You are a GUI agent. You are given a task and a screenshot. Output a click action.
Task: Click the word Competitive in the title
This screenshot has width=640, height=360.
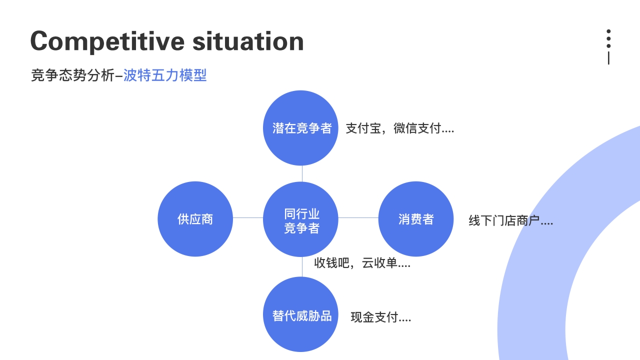pyautogui.click(x=107, y=41)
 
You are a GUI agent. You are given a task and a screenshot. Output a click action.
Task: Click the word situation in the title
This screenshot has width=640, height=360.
pyautogui.click(x=248, y=41)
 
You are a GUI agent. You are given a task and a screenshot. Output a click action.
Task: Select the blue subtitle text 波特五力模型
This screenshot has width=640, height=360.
pyautogui.click(x=165, y=75)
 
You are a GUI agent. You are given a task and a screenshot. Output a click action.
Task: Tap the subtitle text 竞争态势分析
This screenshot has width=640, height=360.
pyautogui.click(x=72, y=75)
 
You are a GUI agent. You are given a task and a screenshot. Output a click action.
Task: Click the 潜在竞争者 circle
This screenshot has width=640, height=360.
pyautogui.click(x=300, y=128)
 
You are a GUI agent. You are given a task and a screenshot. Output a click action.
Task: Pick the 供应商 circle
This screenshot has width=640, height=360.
pyautogui.click(x=195, y=219)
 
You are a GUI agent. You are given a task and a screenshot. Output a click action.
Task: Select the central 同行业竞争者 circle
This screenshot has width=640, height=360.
pyautogui.click(x=300, y=219)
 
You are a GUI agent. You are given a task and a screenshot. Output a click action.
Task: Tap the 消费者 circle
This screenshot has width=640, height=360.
pyautogui.click(x=416, y=219)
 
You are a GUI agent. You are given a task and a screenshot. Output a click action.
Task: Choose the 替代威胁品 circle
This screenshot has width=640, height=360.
pyautogui.click(x=300, y=314)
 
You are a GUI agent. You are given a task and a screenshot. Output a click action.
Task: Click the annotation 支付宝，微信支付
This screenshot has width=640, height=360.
pyautogui.click(x=399, y=128)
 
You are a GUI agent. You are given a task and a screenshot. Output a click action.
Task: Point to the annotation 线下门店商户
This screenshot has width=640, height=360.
pyautogui.click(x=511, y=220)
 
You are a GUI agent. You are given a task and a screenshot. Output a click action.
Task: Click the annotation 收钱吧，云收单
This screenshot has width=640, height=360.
pyautogui.click(x=362, y=263)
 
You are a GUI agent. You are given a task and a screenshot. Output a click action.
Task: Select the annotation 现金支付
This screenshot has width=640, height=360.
pyautogui.click(x=381, y=317)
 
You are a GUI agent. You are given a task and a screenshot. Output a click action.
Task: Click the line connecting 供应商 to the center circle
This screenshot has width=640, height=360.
pyautogui.click(x=248, y=217)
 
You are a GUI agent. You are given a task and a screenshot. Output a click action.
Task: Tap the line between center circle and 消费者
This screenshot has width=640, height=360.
pyautogui.click(x=358, y=217)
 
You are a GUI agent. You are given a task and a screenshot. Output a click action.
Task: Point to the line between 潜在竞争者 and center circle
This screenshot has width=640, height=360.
pyautogui.click(x=302, y=173)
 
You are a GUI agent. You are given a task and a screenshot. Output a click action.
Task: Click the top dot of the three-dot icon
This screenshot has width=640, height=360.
pyautogui.click(x=608, y=31)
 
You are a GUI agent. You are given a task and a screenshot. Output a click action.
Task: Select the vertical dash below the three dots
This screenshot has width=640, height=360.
pyautogui.click(x=608, y=58)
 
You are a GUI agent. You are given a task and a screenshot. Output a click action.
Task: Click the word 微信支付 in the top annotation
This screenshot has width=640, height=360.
pyautogui.click(x=417, y=128)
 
